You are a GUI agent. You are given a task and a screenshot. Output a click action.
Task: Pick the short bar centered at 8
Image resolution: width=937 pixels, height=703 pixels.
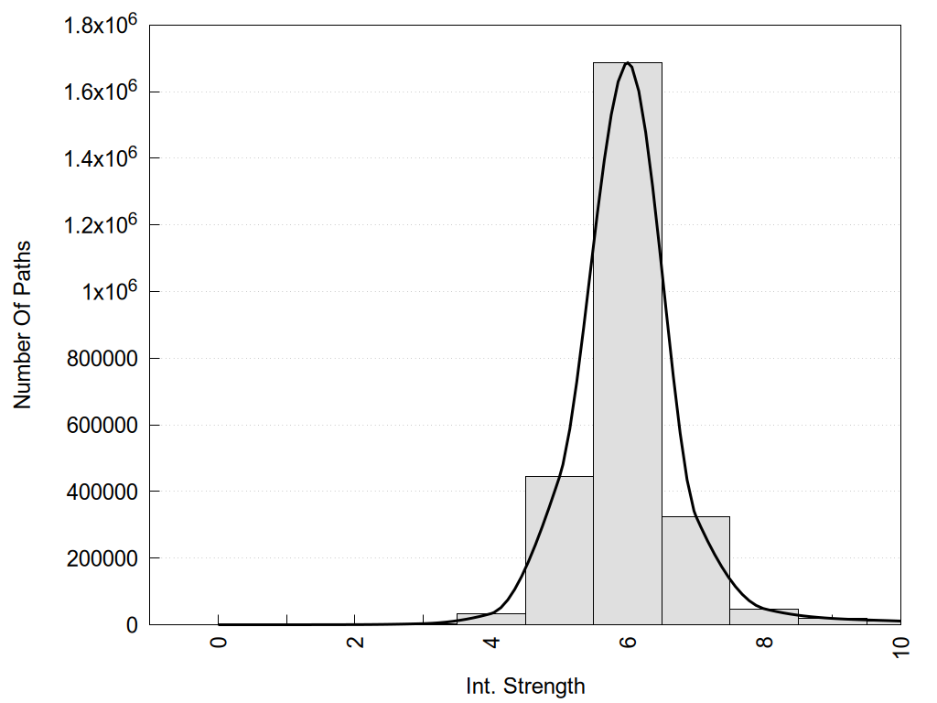[x=764, y=617]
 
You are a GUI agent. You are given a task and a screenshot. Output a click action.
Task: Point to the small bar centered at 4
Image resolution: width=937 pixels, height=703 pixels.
[x=491, y=619]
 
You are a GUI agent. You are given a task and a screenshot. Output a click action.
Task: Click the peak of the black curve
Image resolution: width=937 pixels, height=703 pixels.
[x=628, y=63]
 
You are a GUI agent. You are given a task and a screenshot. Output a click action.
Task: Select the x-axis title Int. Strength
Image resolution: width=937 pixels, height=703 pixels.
[x=525, y=686]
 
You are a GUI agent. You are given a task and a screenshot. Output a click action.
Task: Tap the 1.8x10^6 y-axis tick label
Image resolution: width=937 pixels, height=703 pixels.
[x=101, y=25]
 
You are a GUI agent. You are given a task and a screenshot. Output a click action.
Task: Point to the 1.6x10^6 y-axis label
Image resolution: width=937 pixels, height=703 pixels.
[x=101, y=92]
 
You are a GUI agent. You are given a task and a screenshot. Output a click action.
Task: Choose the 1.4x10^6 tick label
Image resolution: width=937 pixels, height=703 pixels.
[x=101, y=158]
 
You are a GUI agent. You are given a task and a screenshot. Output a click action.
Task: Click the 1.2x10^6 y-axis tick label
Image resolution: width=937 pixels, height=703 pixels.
[x=101, y=225]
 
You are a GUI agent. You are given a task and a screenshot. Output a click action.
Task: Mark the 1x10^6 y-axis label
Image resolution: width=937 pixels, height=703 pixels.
[x=108, y=291]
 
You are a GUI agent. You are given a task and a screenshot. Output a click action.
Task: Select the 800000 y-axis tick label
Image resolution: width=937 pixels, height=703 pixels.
[x=102, y=359]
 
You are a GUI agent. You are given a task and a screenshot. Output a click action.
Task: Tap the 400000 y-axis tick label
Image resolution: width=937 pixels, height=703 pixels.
[x=102, y=492]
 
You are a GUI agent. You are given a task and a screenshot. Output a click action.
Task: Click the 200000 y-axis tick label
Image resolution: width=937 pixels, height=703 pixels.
[x=102, y=558]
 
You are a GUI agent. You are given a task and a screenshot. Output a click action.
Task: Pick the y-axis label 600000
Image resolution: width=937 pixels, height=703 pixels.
[x=102, y=426]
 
